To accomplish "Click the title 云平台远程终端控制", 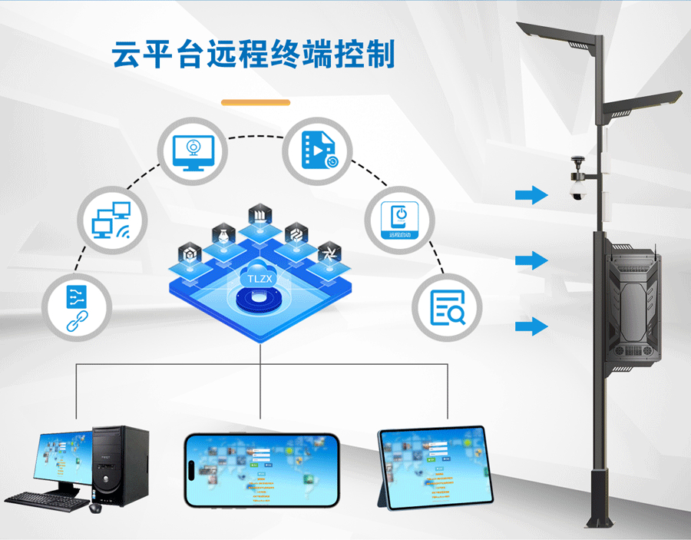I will pos(254,55).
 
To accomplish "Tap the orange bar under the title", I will pos(256,102).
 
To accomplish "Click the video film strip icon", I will pos(317,149).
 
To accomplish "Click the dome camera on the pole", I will pos(576,187).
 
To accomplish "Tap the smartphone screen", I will pos(261,469).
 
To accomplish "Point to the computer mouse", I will pos(96,508).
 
